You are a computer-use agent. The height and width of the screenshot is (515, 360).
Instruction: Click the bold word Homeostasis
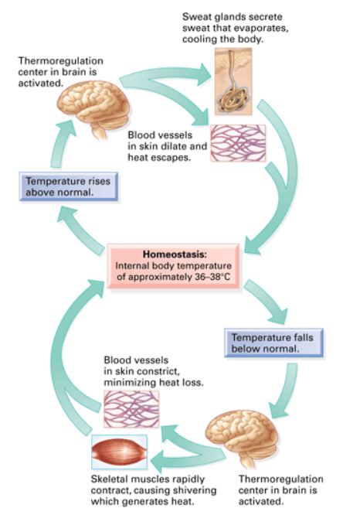(175, 254)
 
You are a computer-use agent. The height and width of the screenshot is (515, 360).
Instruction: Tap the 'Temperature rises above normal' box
(68, 186)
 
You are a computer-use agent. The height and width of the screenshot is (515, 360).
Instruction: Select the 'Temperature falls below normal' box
(273, 343)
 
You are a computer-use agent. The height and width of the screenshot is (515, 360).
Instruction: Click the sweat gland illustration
(233, 81)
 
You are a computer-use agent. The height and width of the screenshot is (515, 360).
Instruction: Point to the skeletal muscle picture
(119, 452)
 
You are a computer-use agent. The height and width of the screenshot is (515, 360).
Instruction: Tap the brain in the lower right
(242, 436)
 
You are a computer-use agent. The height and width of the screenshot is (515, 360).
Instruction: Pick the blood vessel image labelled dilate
(238, 143)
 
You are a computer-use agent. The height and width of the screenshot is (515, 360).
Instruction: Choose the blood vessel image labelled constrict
(131, 409)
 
